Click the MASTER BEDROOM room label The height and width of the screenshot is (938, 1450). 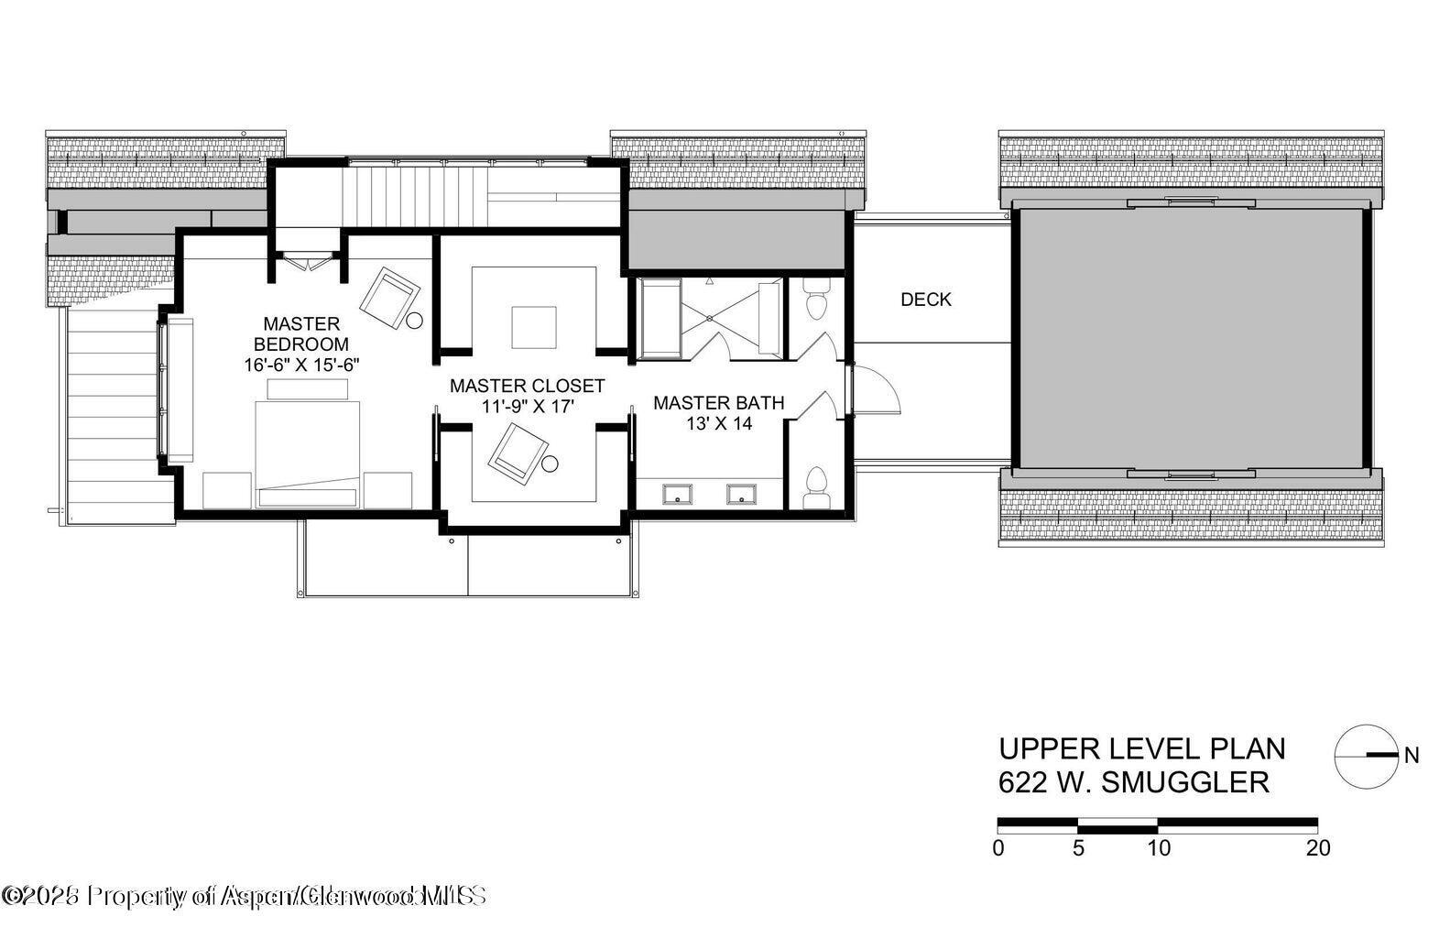[x=300, y=334]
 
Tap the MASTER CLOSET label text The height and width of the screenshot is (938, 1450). [x=527, y=386]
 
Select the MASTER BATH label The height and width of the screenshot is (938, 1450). [x=718, y=402]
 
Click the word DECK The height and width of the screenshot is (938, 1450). [x=925, y=300]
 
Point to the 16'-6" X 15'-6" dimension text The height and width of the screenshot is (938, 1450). [x=300, y=365]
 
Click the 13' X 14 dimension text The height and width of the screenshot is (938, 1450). [x=718, y=423]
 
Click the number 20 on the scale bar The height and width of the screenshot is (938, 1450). [x=1317, y=848]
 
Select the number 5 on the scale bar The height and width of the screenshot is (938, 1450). [x=1078, y=848]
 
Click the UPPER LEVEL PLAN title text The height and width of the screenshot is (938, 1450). [x=1141, y=748]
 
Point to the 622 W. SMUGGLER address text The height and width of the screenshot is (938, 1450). [x=1133, y=783]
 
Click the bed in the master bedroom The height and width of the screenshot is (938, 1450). [x=307, y=449]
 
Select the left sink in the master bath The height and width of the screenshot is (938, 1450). [x=678, y=495]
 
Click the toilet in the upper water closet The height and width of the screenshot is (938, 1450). [x=814, y=300]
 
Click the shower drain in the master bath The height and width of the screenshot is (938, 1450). [x=710, y=318]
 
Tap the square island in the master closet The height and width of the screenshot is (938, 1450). [x=533, y=327]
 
